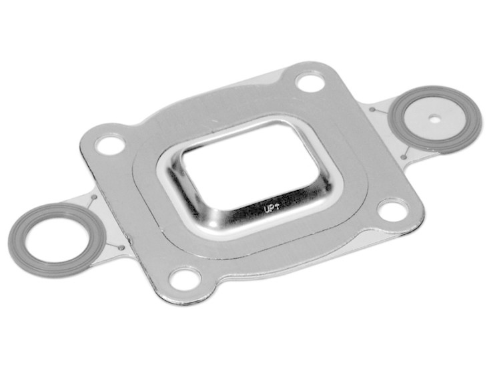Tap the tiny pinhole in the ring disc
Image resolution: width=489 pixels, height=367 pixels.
point(434,121)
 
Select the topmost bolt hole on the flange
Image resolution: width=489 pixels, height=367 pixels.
point(309,83)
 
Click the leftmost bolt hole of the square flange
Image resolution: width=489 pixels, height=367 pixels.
point(109,144)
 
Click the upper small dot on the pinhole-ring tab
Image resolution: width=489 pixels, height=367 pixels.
point(372,109)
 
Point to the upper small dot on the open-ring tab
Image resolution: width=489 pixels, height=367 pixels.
point(93,198)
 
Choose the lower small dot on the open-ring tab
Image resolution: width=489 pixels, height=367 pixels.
point(121,248)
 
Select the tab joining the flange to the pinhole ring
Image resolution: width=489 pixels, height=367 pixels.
point(387,133)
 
